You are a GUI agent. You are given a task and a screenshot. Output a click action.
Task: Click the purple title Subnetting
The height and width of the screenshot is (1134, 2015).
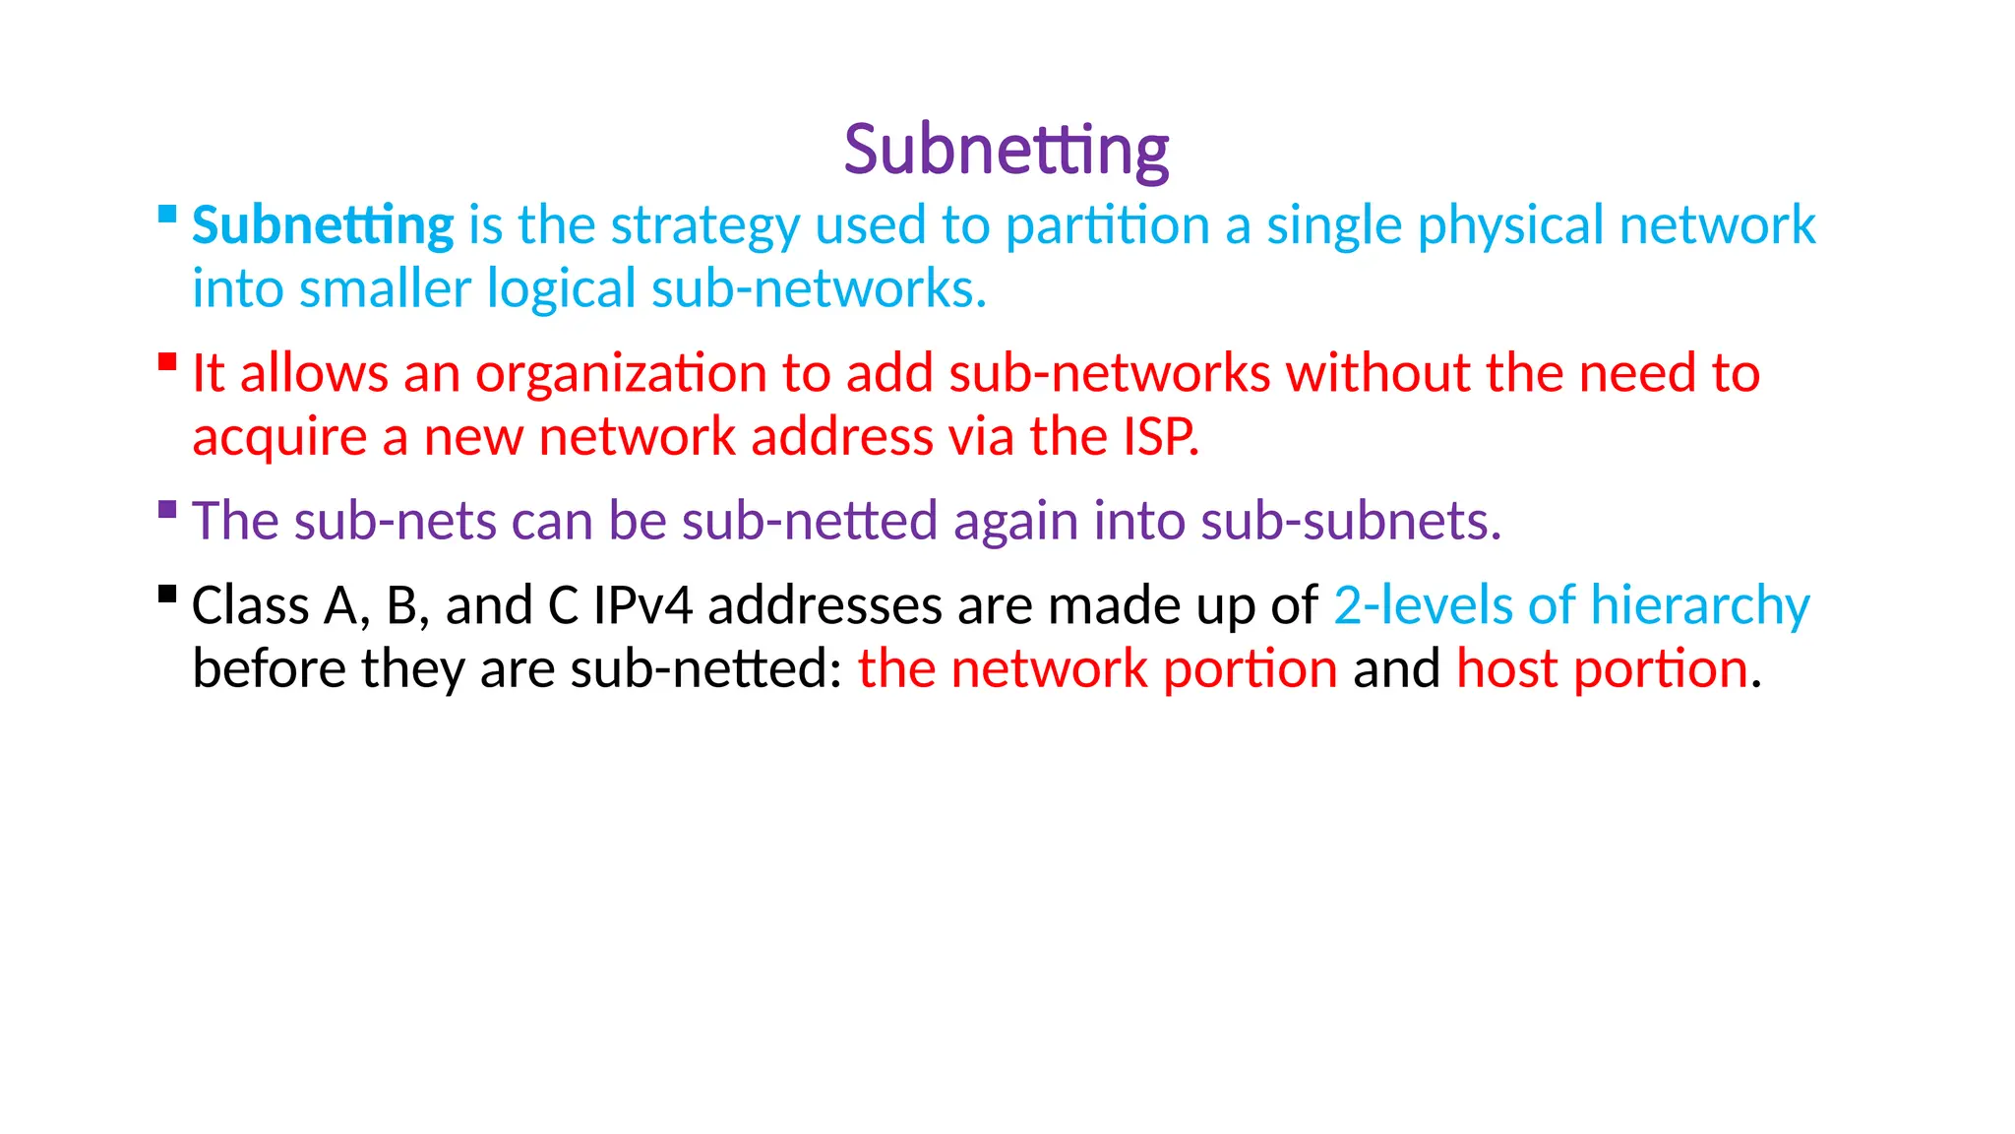click(1006, 151)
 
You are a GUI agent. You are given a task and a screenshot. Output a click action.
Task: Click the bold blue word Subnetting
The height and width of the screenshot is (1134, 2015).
click(323, 225)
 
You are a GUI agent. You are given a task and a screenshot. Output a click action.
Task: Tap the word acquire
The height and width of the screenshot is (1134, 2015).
click(279, 438)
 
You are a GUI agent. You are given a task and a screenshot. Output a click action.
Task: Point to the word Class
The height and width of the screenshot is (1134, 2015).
click(250, 605)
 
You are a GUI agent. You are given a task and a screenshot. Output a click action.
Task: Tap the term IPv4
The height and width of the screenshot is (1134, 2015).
click(643, 605)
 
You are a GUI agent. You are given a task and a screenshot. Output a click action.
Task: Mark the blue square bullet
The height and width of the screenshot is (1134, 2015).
click(167, 214)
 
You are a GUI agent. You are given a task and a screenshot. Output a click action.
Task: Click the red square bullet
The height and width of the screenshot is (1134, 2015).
click(167, 361)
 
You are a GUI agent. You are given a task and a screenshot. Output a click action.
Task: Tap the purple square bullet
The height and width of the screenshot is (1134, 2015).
click(167, 509)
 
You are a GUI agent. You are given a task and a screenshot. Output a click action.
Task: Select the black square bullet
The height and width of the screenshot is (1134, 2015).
click(167, 594)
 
